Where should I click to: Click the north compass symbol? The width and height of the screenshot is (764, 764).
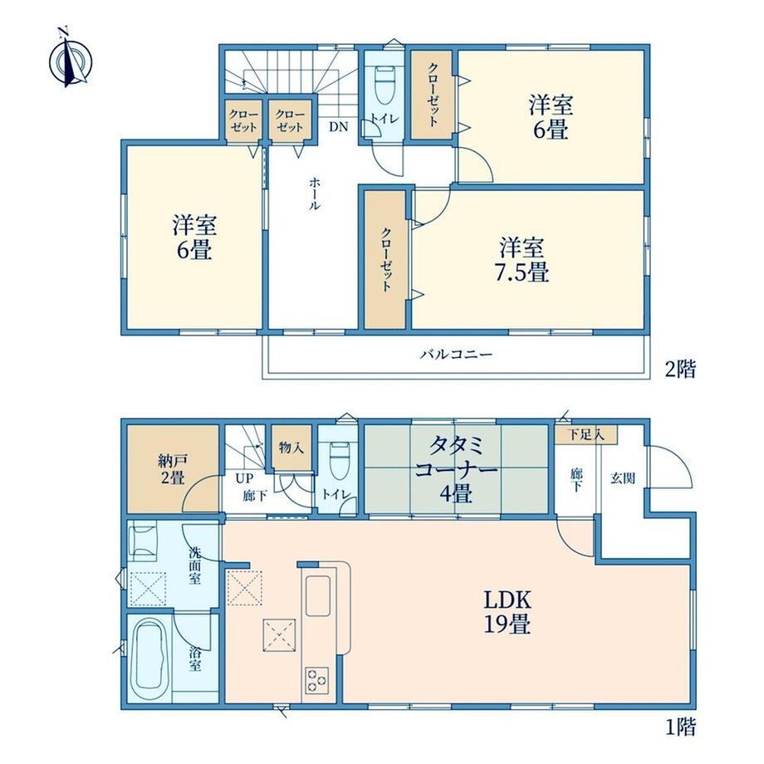pyautogui.click(x=70, y=61)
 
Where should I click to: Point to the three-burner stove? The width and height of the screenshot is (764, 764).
pyautogui.click(x=316, y=679)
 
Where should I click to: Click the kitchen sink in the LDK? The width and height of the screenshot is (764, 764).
pyautogui.click(x=318, y=595)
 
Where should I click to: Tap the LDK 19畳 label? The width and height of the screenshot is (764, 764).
pyautogui.click(x=507, y=611)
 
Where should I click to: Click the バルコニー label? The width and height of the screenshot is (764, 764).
pyautogui.click(x=456, y=354)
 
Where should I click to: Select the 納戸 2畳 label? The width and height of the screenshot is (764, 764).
pyautogui.click(x=172, y=468)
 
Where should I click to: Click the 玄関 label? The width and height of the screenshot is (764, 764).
pyautogui.click(x=623, y=478)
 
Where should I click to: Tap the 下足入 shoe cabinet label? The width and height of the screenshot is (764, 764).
pyautogui.click(x=586, y=434)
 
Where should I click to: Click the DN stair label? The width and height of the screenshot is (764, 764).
pyautogui.click(x=338, y=127)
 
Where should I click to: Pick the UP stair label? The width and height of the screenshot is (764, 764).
pyautogui.click(x=244, y=478)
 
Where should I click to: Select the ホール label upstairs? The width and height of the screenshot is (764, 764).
pyautogui.click(x=314, y=193)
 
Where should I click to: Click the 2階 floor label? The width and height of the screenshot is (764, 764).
pyautogui.click(x=681, y=369)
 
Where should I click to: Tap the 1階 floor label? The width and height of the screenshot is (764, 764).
pyautogui.click(x=681, y=727)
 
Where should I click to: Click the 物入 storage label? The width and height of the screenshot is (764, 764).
pyautogui.click(x=291, y=447)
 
